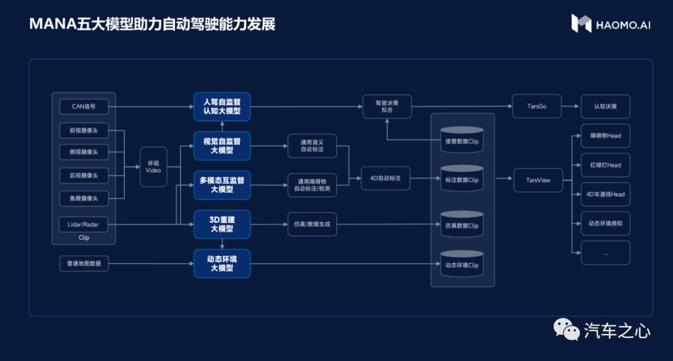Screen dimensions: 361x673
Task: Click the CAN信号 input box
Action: (84, 107)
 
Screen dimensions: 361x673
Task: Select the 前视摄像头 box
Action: (84, 131)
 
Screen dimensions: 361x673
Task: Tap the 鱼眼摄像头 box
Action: (84, 199)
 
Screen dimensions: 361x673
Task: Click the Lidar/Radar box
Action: (84, 224)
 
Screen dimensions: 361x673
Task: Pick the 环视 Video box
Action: (153, 166)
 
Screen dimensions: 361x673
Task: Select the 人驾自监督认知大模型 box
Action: (222, 107)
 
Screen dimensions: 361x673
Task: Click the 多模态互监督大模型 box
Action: (222, 185)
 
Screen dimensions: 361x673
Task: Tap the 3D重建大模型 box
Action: (222, 224)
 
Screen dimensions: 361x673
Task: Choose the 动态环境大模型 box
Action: (222, 263)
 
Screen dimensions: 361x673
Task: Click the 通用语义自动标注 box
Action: (312, 147)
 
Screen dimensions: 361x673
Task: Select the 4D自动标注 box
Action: (386, 178)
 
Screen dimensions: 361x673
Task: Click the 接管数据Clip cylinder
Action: (462, 139)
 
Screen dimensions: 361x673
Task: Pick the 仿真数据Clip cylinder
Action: (462, 223)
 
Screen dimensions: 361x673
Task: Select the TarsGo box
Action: (537, 107)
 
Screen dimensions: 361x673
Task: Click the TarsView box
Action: (538, 180)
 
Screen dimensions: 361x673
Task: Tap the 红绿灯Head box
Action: (605, 165)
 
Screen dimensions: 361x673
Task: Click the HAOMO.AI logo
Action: (611, 24)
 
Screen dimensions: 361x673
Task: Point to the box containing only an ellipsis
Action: (605, 253)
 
